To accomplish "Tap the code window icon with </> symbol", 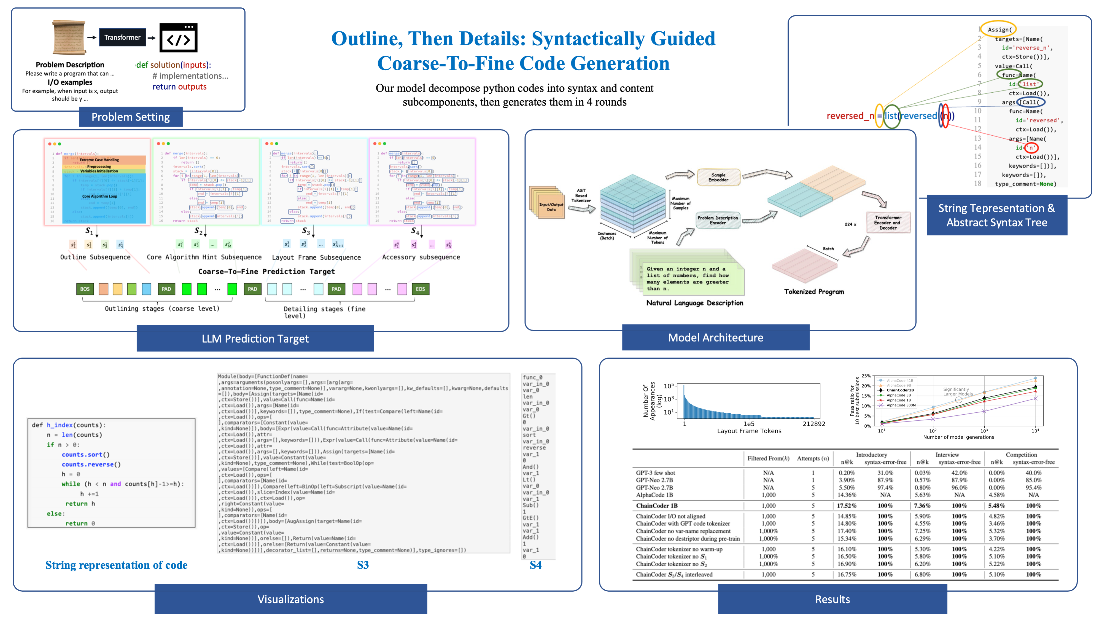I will pyautogui.click(x=178, y=38).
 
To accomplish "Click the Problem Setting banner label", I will pyautogui.click(x=130, y=117).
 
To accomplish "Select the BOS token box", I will pyautogui.click(x=85, y=289).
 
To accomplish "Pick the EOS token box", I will pyautogui.click(x=420, y=289).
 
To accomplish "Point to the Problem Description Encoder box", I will pyautogui.click(x=717, y=220).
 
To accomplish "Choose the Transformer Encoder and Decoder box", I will pyautogui.click(x=888, y=222).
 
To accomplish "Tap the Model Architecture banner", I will pyautogui.click(x=715, y=338).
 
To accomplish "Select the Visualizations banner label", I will pyautogui.click(x=290, y=599).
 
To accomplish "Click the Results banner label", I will pyautogui.click(x=832, y=599).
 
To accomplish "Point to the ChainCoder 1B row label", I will pyautogui.click(x=657, y=505).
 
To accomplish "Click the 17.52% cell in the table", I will pyautogui.click(x=847, y=505).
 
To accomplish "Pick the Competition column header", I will pyautogui.click(x=1021, y=454).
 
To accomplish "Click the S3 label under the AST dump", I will pyautogui.click(x=363, y=565).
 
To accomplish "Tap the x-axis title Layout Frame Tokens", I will pyautogui.click(x=749, y=431).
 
